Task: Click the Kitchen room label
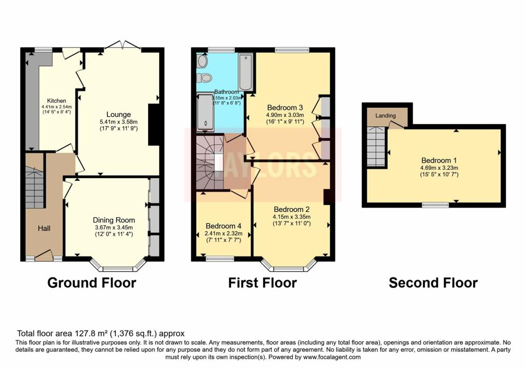(x=57, y=101)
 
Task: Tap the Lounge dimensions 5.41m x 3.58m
(x=119, y=122)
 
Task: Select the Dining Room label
(x=114, y=220)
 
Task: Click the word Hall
(x=44, y=228)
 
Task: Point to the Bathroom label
(x=227, y=92)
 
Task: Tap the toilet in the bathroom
(x=204, y=78)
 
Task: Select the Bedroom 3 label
(x=285, y=108)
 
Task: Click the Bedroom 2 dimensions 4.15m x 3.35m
(x=292, y=217)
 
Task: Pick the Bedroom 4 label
(x=223, y=226)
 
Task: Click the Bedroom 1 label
(x=439, y=160)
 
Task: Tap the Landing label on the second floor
(x=385, y=115)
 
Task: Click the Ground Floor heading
(x=91, y=283)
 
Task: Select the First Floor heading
(x=262, y=283)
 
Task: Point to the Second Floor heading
(x=433, y=283)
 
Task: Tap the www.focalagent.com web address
(x=332, y=357)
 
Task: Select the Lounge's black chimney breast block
(x=154, y=125)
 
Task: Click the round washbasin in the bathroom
(x=202, y=61)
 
